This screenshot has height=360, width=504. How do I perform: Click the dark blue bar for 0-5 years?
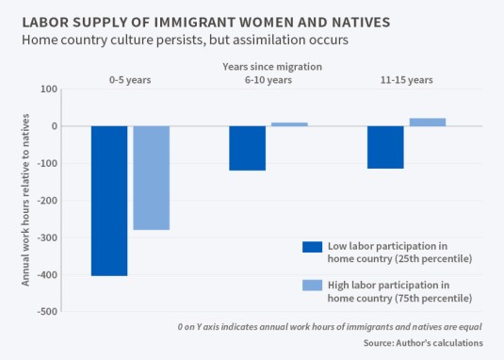(x=108, y=201)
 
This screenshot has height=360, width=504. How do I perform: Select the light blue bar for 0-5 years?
(x=151, y=178)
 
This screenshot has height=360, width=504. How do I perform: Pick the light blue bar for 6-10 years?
(x=289, y=124)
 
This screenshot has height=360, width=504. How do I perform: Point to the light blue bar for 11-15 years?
(x=428, y=122)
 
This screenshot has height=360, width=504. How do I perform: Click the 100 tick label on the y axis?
(x=49, y=90)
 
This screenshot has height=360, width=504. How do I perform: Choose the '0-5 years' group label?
(x=129, y=80)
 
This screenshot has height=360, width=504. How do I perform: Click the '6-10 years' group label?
(x=268, y=80)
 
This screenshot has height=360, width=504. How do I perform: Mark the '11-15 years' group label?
(x=406, y=80)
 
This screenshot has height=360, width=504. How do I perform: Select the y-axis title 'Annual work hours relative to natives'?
(x=26, y=200)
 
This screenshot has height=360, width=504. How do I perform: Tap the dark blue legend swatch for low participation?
(x=312, y=247)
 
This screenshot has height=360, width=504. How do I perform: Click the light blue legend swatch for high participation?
(x=312, y=286)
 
